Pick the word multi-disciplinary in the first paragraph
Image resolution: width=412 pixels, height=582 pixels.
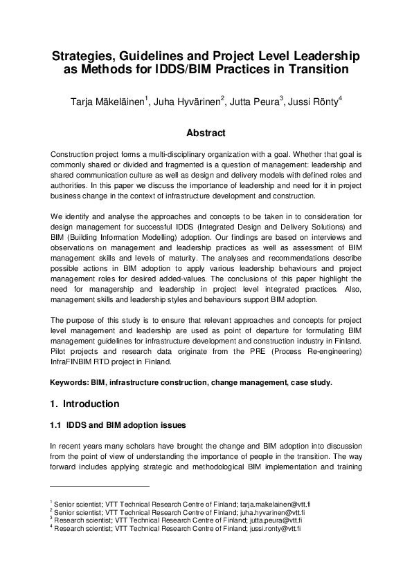[x=165, y=152]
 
